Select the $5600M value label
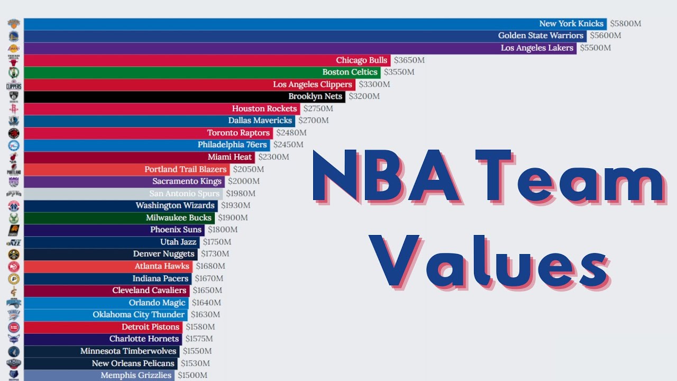606,35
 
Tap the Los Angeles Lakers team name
537,48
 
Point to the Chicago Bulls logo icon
13,60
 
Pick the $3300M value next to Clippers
374,84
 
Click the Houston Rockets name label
264,108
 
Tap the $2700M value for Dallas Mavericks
313,121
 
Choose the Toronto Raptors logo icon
13,133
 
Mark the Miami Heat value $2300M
273,157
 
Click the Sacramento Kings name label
187,181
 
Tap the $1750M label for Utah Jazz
217,242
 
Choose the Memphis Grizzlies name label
136,375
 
